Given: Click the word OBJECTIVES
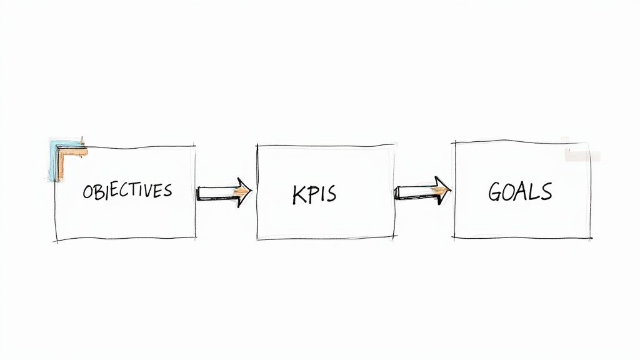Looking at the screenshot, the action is tap(127, 191).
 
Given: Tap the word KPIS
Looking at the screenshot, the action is tap(314, 194).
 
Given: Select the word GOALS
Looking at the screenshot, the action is tap(520, 191).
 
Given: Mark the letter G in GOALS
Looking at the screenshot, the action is tap(496, 192).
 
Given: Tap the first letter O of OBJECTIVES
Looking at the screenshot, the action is tap(87, 192).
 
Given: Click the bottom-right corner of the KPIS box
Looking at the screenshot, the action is tap(394, 238).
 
